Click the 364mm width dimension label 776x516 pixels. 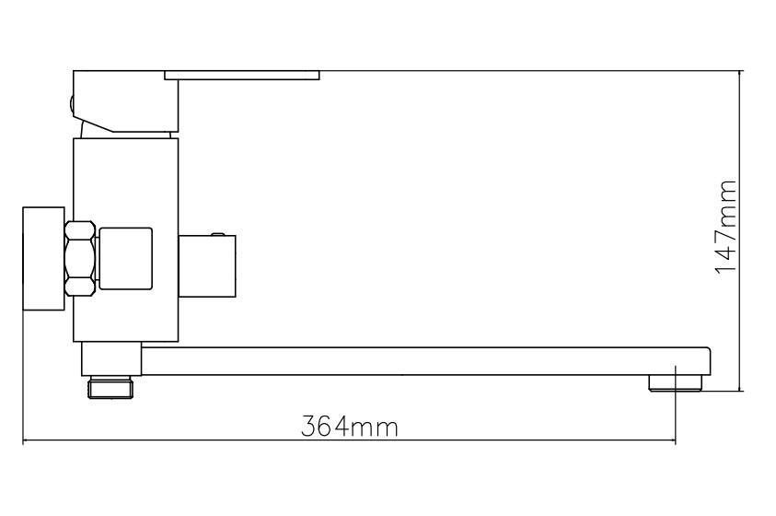coord(350,426)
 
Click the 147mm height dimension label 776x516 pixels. coord(726,227)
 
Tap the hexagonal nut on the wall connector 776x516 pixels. coord(80,259)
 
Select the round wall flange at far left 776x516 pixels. coord(43,259)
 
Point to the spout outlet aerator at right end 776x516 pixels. coord(676,382)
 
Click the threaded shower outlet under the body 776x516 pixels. coord(110,387)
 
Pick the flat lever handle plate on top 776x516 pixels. coord(242,76)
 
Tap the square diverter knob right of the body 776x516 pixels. coord(207,266)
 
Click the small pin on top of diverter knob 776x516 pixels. coord(217,234)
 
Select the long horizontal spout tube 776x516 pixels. coord(425,361)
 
